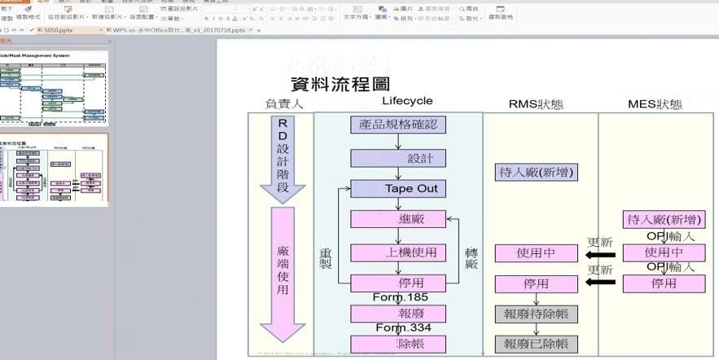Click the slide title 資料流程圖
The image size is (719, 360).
pyautogui.click(x=340, y=84)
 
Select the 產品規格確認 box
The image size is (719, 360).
pyautogui.click(x=398, y=125)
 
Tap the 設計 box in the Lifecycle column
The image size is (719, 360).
pyautogui.click(x=398, y=157)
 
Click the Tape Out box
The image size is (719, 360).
pyautogui.click(x=398, y=188)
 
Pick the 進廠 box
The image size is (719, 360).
pyautogui.click(x=398, y=219)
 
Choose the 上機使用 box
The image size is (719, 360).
pyautogui.click(x=398, y=252)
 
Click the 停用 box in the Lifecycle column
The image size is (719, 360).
pyautogui.click(x=398, y=283)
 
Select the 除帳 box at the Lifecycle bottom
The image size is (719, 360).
pyautogui.click(x=398, y=344)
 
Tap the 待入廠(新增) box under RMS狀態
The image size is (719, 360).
pyautogui.click(x=536, y=172)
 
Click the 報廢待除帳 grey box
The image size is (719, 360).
pyautogui.click(x=536, y=315)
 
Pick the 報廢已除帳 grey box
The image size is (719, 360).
pyautogui.click(x=536, y=344)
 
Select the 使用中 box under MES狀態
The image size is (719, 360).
pyautogui.click(x=663, y=252)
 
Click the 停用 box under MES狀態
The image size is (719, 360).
pyautogui.click(x=663, y=283)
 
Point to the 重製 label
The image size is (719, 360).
pyautogui.click(x=326, y=258)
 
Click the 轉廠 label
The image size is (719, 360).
pyautogui.click(x=471, y=258)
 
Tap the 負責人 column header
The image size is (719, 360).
pyautogui.click(x=283, y=104)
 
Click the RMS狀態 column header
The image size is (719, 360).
pyautogui.click(x=536, y=104)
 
